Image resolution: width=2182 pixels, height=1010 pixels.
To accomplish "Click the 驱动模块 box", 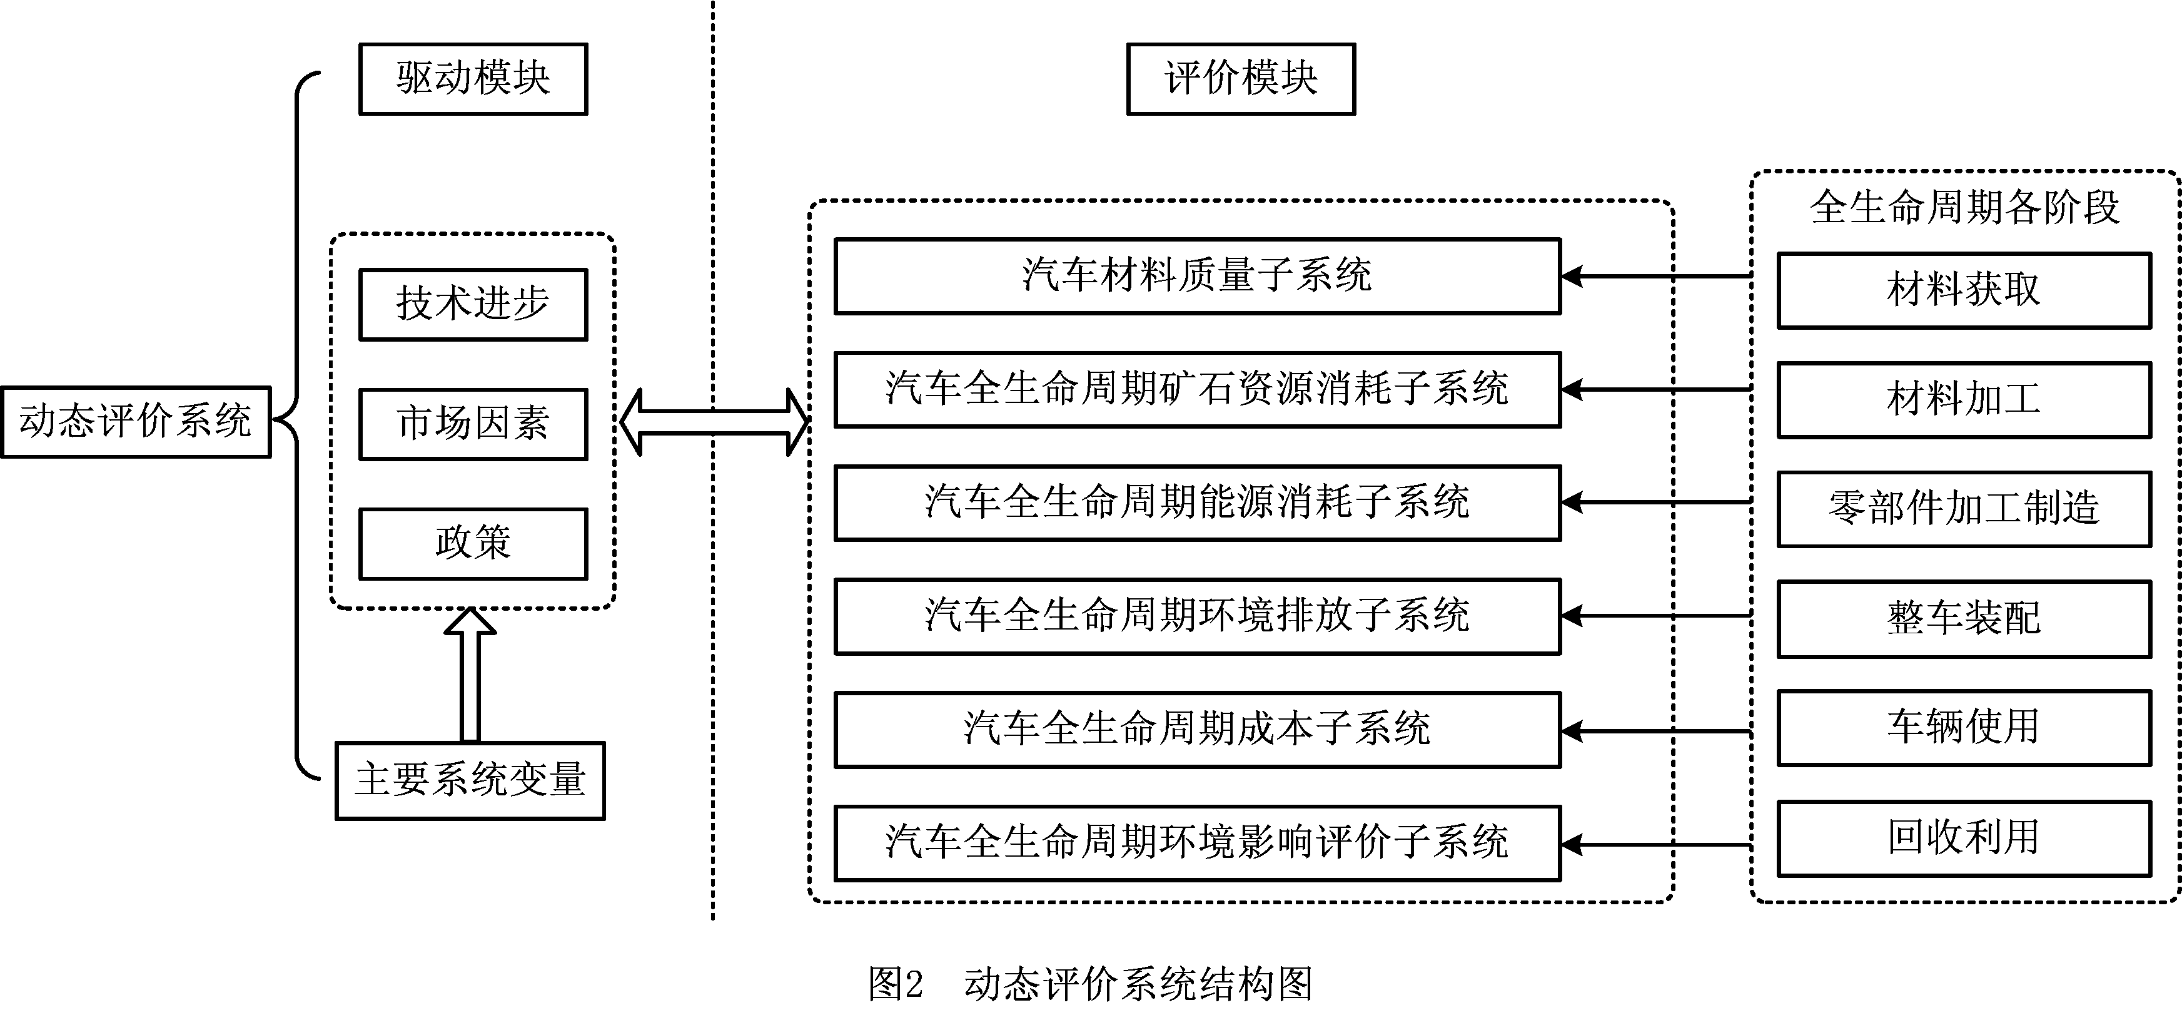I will coord(473,79).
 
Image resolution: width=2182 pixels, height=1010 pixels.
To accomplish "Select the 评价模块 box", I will coord(1240,79).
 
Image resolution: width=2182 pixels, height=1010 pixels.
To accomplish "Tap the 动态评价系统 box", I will coord(136,422).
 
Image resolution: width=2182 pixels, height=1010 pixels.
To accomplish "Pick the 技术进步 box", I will coord(473,304).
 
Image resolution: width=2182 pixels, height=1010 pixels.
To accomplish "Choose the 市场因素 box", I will coord(473,424).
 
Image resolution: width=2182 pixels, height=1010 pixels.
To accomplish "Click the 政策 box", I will coord(473,543).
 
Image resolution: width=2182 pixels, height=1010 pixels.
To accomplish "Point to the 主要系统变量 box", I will coord(470,780).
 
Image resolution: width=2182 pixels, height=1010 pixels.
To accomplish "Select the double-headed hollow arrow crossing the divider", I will coord(714,422).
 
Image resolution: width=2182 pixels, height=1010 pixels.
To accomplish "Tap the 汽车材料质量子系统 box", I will coord(1197,276).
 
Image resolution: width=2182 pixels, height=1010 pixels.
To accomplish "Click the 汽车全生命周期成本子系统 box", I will coord(1197,730).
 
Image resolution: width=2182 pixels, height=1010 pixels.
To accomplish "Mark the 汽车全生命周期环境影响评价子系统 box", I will coord(1197,843).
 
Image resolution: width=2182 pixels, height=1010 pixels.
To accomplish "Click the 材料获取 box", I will coord(1964,290).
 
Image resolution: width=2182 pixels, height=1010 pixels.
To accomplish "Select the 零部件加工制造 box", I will coord(1964,508).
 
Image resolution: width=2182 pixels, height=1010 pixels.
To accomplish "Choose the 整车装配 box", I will coord(1964,618).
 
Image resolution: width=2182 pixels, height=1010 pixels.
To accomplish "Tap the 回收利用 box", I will coord(1964,838).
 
